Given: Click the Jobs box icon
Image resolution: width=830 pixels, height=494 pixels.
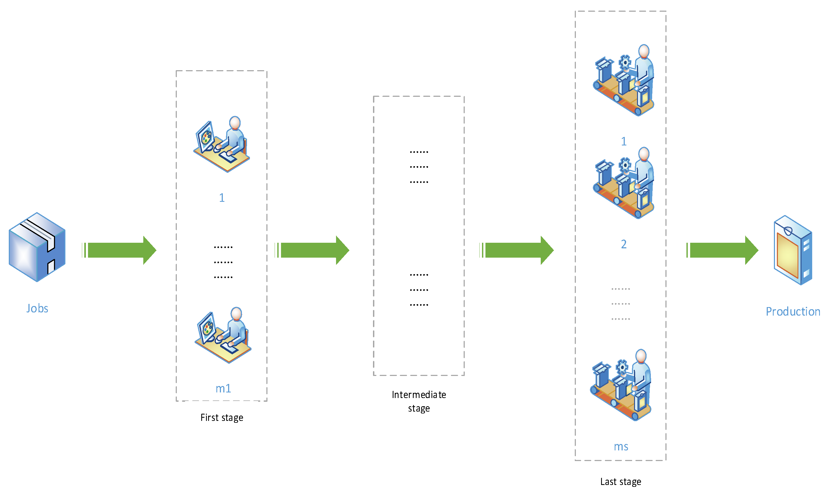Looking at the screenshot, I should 37,247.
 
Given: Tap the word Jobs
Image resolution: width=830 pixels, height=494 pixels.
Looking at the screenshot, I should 37,308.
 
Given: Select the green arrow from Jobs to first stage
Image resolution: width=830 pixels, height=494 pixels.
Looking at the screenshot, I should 119,250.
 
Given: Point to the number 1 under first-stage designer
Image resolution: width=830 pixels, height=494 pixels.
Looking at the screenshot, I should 222,198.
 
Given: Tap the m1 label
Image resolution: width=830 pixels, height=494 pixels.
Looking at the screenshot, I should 223,388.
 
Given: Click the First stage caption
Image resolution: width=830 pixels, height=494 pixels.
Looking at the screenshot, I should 222,417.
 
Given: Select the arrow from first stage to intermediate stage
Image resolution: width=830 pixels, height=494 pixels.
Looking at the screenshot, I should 312,250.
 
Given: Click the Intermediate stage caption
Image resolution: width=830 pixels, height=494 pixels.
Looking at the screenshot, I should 419,401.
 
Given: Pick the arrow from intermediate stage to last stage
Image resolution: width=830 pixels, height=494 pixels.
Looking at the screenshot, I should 517,250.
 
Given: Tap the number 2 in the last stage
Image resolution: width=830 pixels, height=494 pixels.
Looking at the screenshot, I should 624,244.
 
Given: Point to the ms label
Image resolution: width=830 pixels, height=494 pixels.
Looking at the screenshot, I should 621,447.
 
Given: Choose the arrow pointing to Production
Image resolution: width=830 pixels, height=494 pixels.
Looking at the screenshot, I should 722,250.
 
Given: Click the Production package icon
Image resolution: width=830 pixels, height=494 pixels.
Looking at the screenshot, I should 793,250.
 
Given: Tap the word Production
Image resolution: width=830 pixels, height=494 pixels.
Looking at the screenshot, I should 793,312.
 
